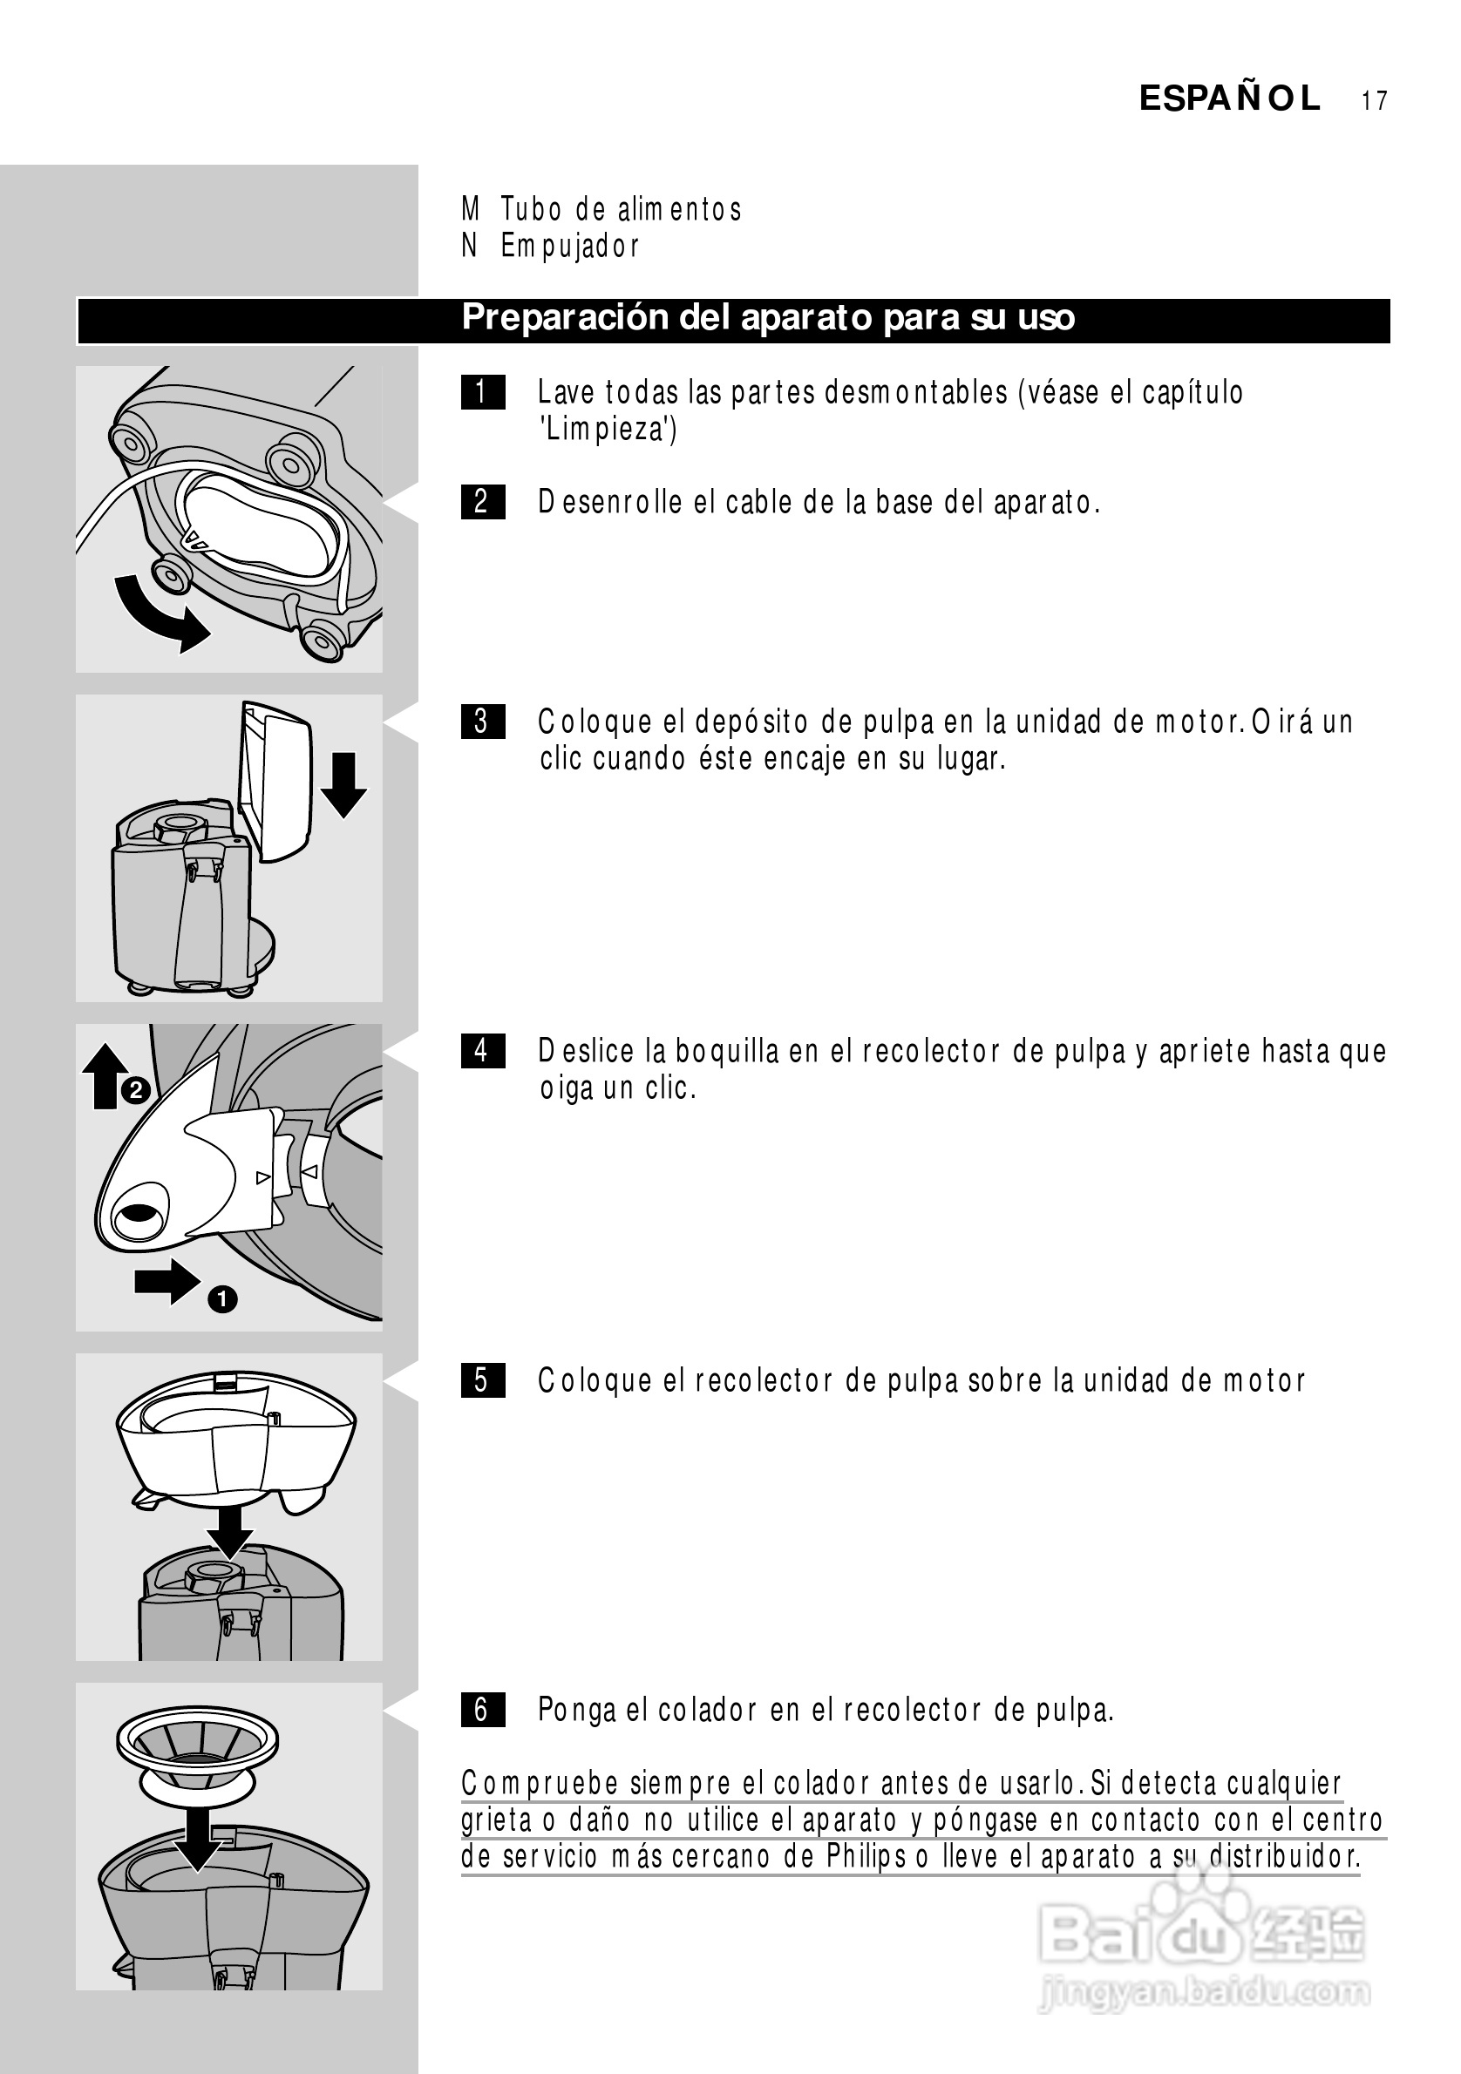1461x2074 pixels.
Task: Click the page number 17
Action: click(1374, 100)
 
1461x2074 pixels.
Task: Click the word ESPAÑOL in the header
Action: click(1230, 98)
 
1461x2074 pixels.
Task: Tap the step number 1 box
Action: click(482, 392)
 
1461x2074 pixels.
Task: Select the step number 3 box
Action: click(482, 722)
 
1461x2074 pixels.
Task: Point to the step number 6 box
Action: click(482, 1710)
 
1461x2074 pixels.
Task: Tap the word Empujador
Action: click(570, 246)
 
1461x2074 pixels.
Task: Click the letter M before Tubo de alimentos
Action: click(470, 208)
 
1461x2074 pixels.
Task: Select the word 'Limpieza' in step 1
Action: click(608, 429)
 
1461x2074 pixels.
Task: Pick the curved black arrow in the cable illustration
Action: click(159, 614)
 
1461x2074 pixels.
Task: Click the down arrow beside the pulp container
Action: click(343, 785)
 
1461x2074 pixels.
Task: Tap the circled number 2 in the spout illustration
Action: click(135, 1091)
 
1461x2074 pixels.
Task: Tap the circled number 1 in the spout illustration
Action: click(222, 1300)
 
